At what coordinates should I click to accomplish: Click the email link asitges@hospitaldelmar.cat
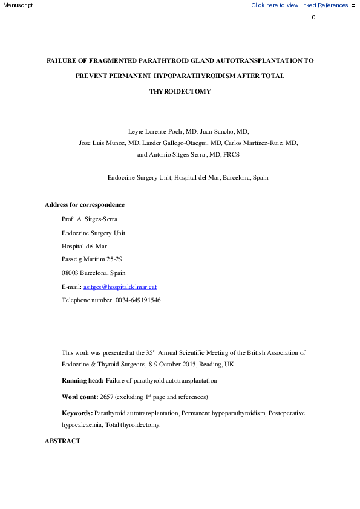(x=120, y=287)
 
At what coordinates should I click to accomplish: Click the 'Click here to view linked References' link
(x=299, y=5)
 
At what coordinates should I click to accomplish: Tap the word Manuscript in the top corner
(x=16, y=5)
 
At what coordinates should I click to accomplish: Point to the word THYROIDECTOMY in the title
(x=180, y=92)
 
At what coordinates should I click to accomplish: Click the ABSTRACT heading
(x=62, y=441)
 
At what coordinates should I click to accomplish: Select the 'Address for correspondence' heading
(x=85, y=204)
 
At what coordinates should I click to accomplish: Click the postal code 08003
(x=72, y=273)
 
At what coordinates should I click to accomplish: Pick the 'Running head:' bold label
(x=83, y=381)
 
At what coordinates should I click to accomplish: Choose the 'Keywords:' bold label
(x=77, y=413)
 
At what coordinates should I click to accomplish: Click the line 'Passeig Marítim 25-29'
(x=92, y=260)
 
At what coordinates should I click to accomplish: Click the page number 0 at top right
(x=313, y=17)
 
